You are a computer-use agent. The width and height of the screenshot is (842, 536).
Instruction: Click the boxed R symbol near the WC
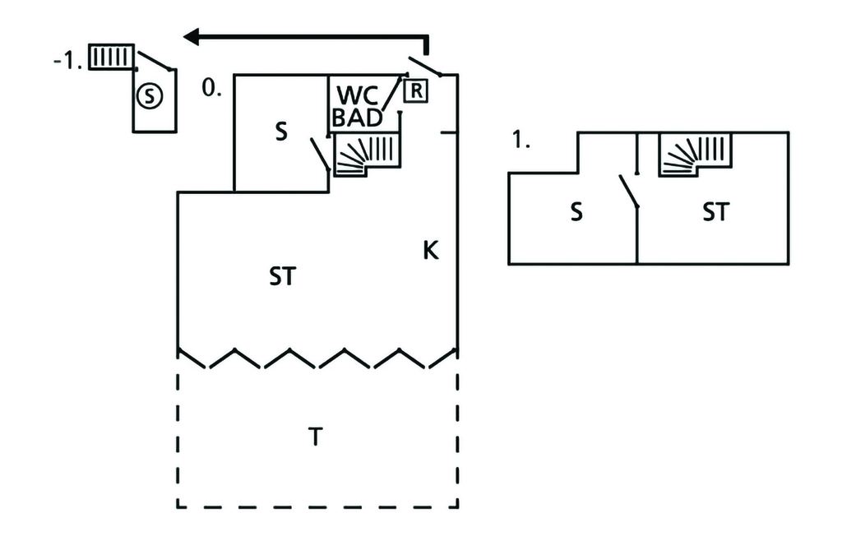tap(416, 90)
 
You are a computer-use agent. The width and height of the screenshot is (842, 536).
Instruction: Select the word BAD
tap(358, 118)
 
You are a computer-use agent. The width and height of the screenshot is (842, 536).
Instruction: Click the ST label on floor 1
tap(715, 212)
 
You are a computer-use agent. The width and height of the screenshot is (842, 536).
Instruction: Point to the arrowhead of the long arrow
tap(192, 36)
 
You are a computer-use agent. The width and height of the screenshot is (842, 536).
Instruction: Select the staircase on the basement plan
tap(109, 58)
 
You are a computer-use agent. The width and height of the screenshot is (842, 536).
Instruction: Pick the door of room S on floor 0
tap(319, 155)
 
